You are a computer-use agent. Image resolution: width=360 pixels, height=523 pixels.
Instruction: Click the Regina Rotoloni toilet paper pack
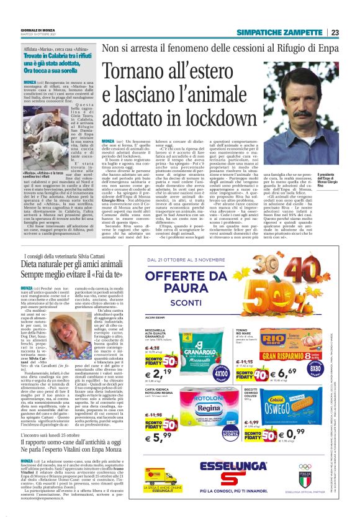(x=205, y=413)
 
